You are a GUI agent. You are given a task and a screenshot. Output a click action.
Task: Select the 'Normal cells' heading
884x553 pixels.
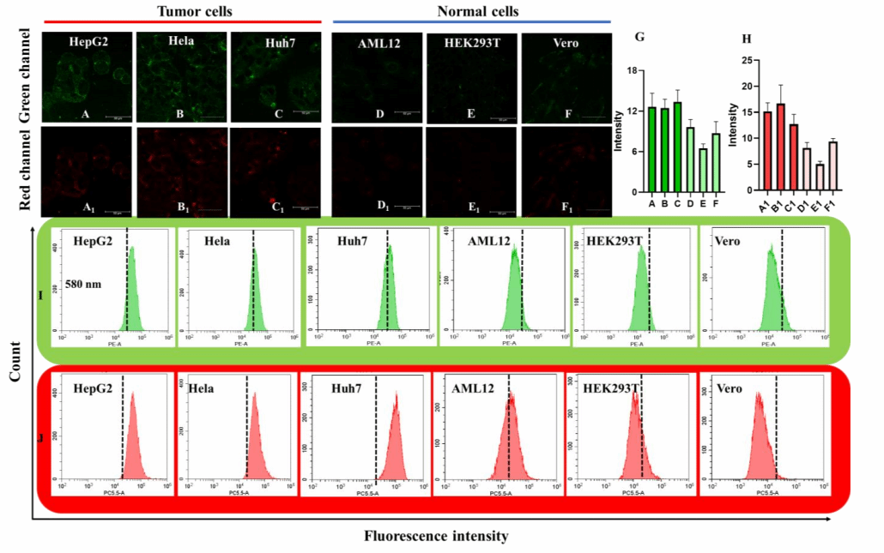[x=471, y=11]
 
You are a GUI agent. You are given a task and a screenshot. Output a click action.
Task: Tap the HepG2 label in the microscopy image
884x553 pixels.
[x=88, y=40]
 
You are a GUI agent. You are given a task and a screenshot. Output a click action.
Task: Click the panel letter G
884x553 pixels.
[x=638, y=38]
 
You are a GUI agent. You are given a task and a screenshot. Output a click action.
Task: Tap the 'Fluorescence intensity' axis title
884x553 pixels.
[x=436, y=536]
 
